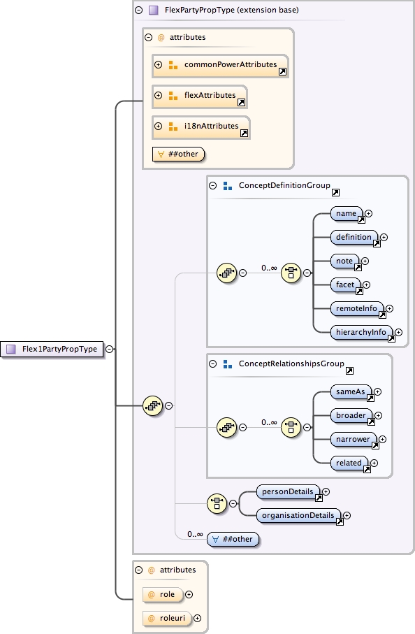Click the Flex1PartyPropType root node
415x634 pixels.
click(52, 349)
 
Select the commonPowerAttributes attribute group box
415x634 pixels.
click(220, 65)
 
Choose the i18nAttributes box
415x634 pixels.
click(201, 127)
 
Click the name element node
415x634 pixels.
click(347, 214)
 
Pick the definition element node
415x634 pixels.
click(354, 238)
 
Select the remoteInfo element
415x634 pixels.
click(357, 308)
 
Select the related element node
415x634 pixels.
click(349, 463)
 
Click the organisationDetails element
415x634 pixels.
click(300, 516)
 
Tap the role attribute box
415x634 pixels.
click(163, 594)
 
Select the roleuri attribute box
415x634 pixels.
click(166, 618)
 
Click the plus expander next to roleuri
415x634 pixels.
click(197, 618)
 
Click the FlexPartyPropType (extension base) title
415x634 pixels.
click(221, 10)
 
